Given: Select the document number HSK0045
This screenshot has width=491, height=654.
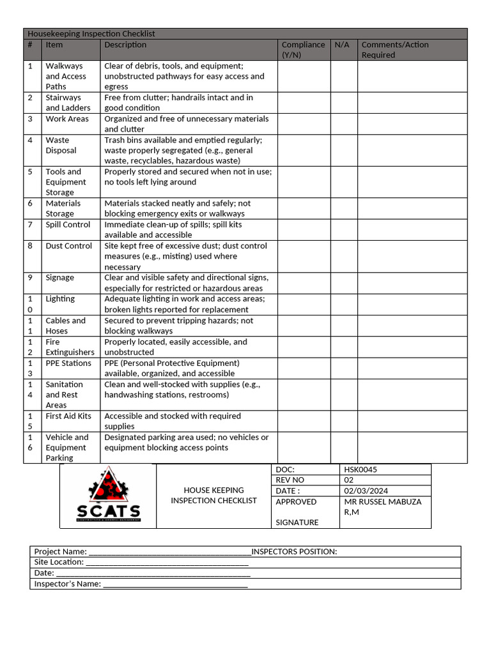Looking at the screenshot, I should [x=361, y=469].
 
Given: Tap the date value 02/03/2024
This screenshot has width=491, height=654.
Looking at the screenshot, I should [x=366, y=490].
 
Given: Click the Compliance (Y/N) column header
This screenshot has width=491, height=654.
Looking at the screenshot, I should [x=303, y=50].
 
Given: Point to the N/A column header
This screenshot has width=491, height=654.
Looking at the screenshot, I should [x=342, y=45].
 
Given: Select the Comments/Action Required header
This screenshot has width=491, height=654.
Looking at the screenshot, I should [x=394, y=50].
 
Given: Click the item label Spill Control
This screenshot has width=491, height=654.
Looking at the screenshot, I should [x=67, y=225].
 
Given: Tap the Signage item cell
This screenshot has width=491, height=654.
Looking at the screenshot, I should [x=60, y=278].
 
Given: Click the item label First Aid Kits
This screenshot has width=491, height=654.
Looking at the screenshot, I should [x=68, y=416].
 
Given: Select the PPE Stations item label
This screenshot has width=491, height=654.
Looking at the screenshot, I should [x=68, y=363].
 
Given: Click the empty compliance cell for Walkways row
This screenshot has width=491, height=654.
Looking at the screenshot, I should [x=303, y=76].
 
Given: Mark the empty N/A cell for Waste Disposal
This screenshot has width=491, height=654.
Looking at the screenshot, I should [x=343, y=150].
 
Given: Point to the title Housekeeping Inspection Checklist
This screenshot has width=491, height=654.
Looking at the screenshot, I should [x=91, y=34].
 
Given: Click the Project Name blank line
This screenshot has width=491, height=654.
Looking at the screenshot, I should [x=169, y=552].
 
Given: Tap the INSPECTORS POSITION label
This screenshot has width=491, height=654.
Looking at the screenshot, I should [x=294, y=552].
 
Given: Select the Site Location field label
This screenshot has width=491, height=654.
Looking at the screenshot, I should [x=59, y=562].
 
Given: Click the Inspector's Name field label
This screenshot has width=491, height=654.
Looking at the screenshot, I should [x=67, y=584].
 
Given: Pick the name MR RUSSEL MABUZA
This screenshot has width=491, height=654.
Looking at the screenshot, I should [x=382, y=501].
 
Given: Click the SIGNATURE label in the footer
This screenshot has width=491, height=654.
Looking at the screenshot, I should [x=297, y=522].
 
